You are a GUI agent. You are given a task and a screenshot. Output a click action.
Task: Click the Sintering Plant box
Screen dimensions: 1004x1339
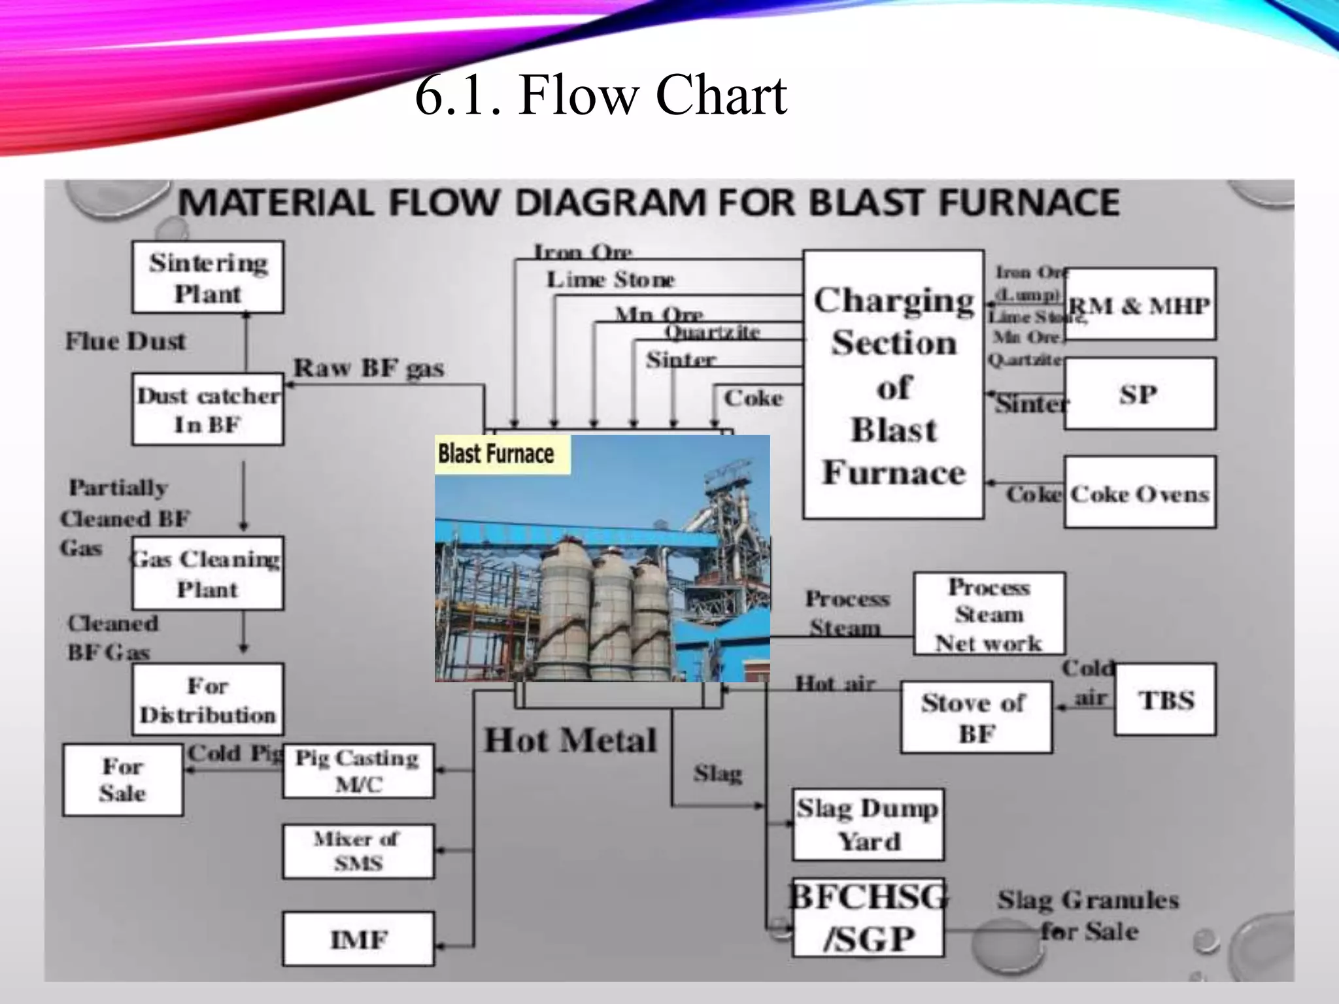(x=207, y=277)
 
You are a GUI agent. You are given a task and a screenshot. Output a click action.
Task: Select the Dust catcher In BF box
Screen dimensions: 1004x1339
(x=207, y=410)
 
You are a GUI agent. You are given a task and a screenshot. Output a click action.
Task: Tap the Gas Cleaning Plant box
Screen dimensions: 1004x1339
(x=207, y=573)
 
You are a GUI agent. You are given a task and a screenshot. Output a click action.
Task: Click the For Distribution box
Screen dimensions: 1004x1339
(x=207, y=699)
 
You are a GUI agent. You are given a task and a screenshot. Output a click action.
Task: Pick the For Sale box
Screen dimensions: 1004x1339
(x=123, y=779)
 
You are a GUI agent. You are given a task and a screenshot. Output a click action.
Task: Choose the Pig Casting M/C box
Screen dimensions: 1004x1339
(x=358, y=771)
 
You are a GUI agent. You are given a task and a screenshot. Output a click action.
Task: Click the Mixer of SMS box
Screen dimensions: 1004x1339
(x=358, y=851)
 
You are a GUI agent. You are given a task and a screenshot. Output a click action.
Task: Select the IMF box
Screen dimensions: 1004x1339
(x=358, y=939)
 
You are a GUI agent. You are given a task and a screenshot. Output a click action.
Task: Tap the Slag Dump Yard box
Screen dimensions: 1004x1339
(x=868, y=824)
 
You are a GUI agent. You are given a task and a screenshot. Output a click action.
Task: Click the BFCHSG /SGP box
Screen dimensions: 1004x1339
(x=868, y=918)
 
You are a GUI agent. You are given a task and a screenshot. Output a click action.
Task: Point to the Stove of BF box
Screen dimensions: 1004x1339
(x=976, y=717)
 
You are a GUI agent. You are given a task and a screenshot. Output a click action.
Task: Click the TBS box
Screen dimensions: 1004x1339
(x=1165, y=699)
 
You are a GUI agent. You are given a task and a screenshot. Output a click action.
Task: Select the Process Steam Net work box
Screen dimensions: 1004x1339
(x=989, y=614)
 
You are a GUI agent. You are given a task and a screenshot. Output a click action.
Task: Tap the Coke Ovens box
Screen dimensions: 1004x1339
(x=1140, y=492)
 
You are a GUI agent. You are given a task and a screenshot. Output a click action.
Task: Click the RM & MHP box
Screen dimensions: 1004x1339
(x=1140, y=304)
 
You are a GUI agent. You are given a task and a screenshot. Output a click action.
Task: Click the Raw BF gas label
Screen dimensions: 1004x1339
(x=368, y=368)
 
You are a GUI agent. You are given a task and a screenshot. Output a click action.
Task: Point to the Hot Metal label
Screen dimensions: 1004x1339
(x=570, y=741)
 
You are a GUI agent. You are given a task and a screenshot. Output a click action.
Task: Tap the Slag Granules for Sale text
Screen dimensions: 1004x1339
(x=1088, y=915)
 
